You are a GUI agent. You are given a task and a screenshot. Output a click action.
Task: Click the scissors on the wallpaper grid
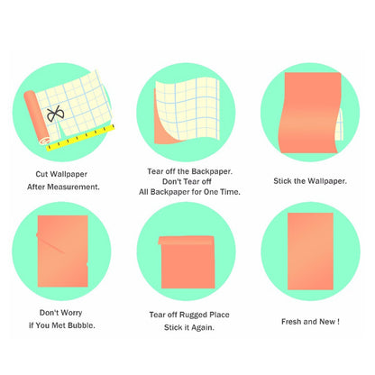coord(55,114)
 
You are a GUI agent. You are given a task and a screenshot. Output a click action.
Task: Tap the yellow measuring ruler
coord(80,137)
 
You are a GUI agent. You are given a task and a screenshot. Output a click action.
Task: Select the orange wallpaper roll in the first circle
coord(36,117)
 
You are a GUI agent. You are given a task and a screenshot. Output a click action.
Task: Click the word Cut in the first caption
coord(41,174)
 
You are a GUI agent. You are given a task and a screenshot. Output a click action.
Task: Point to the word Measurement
coord(73,187)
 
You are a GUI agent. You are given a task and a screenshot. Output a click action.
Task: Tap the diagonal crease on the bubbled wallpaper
coord(50,244)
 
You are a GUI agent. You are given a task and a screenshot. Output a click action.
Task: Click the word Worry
coord(71,313)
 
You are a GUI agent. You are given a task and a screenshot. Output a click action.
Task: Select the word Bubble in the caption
coord(81,325)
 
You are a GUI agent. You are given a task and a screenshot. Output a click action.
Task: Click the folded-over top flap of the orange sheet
coord(187,240)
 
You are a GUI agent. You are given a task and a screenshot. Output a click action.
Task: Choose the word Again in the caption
coord(203,327)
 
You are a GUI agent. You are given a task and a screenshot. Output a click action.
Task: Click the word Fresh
coord(291,322)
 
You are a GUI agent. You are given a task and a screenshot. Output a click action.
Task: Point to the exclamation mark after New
coord(338,322)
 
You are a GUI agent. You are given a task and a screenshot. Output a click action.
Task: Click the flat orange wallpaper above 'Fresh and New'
coord(310,252)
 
